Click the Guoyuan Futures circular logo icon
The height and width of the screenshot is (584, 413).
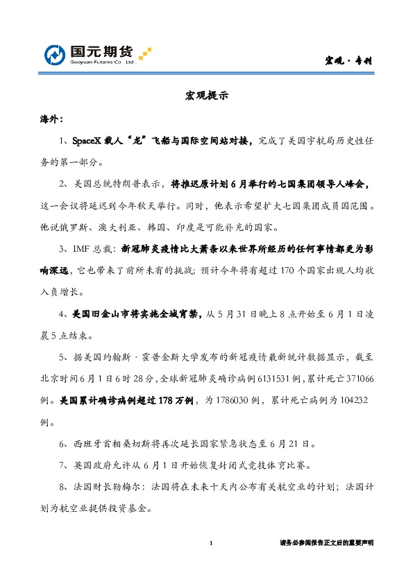56,55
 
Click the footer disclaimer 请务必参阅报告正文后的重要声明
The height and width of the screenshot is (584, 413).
326,542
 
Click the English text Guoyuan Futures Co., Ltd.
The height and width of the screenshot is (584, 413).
101,62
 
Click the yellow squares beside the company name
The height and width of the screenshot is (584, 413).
145,54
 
